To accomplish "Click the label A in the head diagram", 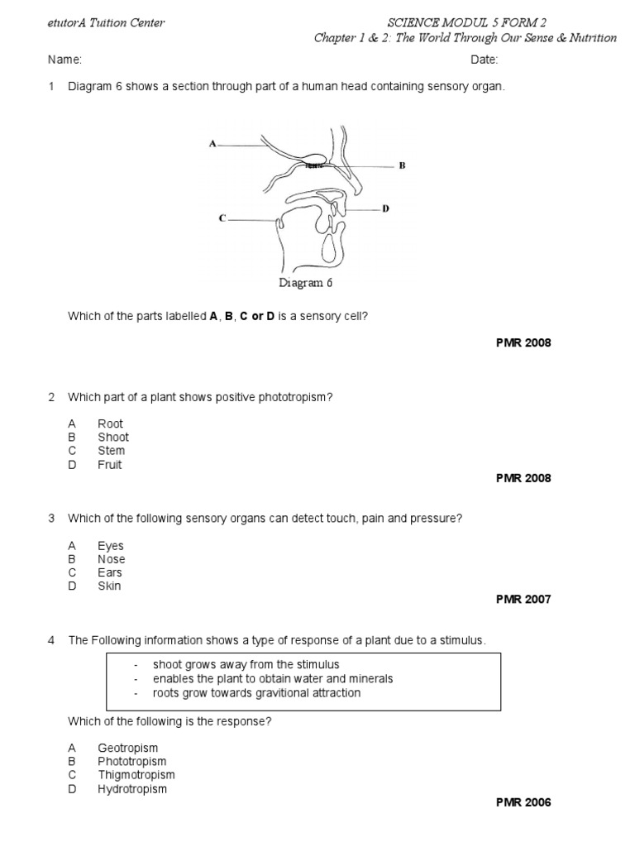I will [x=212, y=144].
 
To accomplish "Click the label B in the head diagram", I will [x=402, y=165].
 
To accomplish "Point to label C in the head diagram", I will [x=222, y=218].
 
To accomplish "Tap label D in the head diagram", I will [x=385, y=209].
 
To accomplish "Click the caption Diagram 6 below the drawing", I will [x=306, y=283].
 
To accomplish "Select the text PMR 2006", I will [x=523, y=802].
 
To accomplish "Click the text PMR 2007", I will [x=523, y=600].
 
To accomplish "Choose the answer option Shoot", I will [x=113, y=438].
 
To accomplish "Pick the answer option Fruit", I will [x=109, y=465].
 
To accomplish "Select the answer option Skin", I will [x=109, y=586].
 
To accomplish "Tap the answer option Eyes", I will [x=110, y=546].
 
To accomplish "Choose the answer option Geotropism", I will [x=127, y=748].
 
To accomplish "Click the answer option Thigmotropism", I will [x=136, y=775].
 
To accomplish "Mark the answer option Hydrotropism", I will [x=132, y=789].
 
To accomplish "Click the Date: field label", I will [x=485, y=60].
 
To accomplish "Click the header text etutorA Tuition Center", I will [x=106, y=23].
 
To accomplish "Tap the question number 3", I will [x=51, y=519].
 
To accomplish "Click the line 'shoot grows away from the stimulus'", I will [x=246, y=665].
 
